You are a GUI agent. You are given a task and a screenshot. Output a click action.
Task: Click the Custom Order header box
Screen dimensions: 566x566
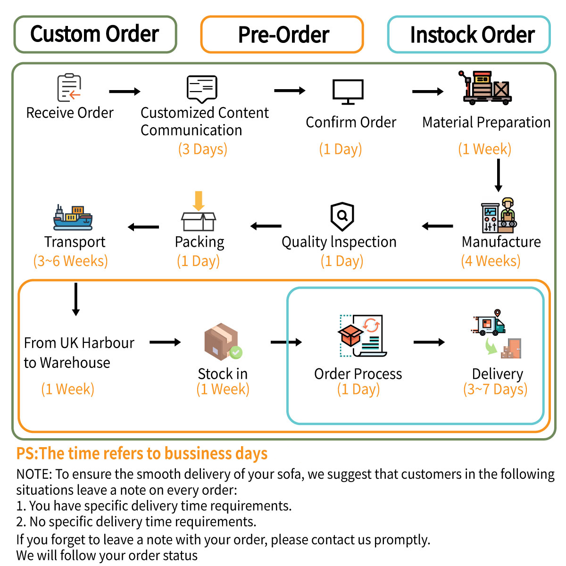tap(95, 34)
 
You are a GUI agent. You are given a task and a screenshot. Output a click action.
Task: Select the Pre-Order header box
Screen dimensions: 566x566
tap(282, 34)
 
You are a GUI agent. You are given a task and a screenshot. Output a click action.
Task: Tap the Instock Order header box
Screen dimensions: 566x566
tap(469, 34)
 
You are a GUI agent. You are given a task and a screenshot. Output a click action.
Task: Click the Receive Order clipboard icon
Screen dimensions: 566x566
tap(69, 88)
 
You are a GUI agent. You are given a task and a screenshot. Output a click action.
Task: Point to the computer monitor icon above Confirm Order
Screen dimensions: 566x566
tap(348, 91)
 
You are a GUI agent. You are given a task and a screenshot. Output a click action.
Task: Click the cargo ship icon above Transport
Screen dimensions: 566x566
tap(73, 217)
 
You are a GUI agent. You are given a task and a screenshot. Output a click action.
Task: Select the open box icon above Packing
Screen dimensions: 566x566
tap(199, 212)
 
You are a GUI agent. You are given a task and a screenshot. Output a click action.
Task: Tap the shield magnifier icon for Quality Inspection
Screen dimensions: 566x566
tap(342, 216)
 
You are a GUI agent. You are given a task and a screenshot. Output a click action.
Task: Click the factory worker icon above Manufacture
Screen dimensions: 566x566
tap(499, 216)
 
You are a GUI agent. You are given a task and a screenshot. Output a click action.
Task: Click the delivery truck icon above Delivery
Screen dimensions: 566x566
tap(490, 323)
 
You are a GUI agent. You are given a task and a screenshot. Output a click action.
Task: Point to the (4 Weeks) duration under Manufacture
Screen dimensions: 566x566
tap(491, 261)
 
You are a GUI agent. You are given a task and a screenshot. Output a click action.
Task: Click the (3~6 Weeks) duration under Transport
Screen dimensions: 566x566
tap(70, 261)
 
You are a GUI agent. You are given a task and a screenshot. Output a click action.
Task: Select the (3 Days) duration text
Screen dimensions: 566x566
tap(203, 149)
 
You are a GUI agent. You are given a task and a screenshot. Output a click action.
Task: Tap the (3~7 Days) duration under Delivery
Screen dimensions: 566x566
tap(495, 389)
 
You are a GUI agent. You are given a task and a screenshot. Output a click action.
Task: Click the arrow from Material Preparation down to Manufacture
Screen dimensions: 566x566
tap(498, 175)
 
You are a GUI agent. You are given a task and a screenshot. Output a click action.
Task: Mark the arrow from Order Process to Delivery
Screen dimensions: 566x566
tap(429, 342)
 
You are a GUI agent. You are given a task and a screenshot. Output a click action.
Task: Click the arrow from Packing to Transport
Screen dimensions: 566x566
tap(143, 227)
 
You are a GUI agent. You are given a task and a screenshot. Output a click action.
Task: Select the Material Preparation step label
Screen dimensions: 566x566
tap(486, 122)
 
